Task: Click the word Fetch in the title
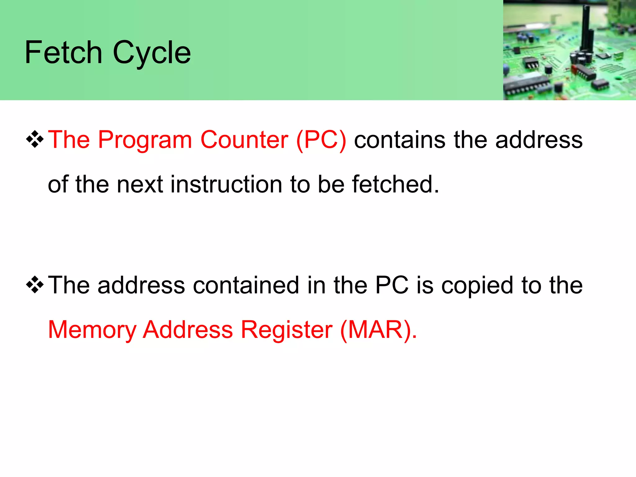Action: point(63,52)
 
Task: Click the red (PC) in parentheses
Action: point(321,140)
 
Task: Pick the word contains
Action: point(400,140)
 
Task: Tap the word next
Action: point(140,184)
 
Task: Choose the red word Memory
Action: point(92,330)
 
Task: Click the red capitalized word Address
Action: point(188,330)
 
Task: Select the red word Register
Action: point(287,330)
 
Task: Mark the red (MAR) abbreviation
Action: point(378,330)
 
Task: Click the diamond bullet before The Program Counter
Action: point(35,139)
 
